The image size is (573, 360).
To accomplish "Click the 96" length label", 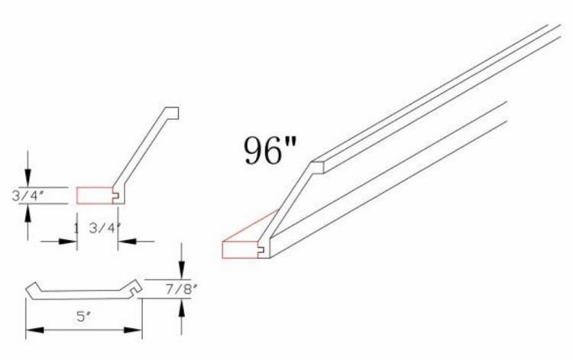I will [270, 150].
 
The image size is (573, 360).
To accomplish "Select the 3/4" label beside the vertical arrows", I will [28, 196].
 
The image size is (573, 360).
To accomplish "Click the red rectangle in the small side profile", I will [94, 195].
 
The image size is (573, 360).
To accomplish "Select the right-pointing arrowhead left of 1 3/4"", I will [71, 242].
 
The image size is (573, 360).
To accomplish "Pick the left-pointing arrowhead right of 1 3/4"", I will [124, 242].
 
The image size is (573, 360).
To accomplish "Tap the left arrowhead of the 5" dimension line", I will [31, 330].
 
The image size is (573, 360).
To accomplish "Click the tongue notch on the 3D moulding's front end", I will [262, 249].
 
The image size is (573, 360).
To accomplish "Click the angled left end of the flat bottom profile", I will [32, 290].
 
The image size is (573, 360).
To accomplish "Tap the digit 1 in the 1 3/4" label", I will [76, 227].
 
